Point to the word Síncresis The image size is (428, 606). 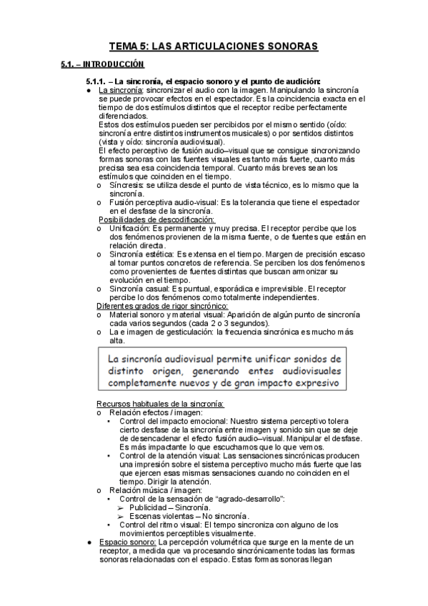(126, 184)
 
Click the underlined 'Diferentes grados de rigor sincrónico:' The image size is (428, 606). (158, 306)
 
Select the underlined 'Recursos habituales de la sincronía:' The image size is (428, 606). (161, 404)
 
